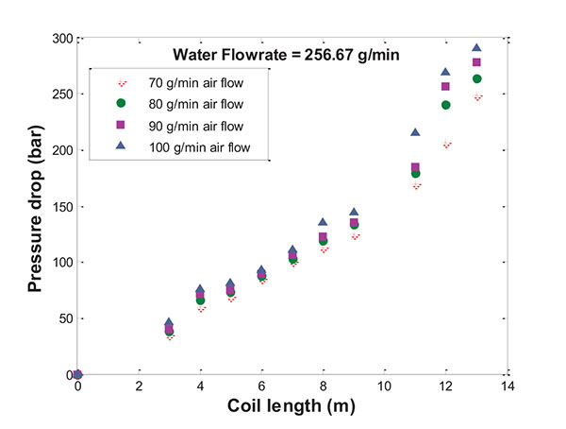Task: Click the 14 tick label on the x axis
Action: click(507, 386)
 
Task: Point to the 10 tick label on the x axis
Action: click(384, 386)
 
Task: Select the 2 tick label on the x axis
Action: click(140, 386)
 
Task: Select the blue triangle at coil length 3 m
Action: click(170, 322)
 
